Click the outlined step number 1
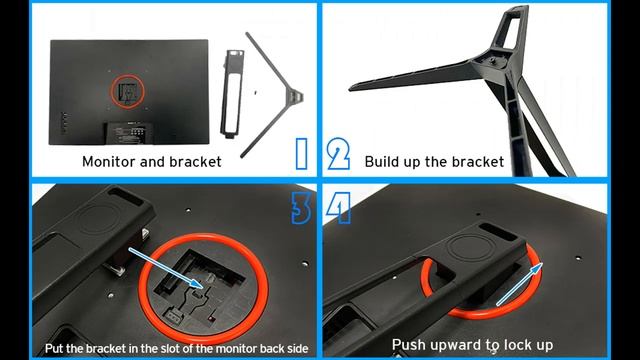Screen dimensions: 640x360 pos(302,153)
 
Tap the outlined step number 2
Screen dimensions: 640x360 pos(338,153)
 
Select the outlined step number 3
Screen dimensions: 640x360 pos(301,208)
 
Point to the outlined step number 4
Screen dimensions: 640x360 pos(339,208)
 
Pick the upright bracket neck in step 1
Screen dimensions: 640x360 pos(232,94)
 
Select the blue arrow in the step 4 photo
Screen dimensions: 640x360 pos(520,284)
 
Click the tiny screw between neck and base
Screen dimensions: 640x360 pos(255,93)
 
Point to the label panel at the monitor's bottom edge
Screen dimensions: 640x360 pos(129,133)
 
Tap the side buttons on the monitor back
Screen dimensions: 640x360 pos(64,123)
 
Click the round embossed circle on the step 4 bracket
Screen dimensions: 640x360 pos(469,247)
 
